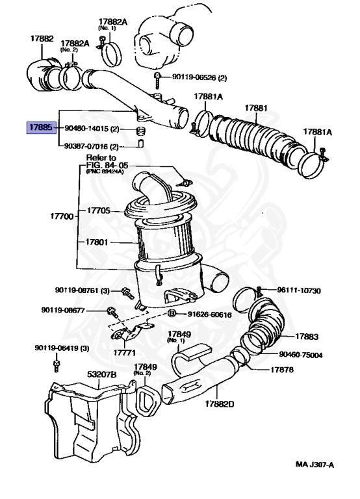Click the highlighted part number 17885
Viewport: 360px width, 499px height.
coord(41,127)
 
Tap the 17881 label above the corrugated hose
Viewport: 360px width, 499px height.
coord(256,109)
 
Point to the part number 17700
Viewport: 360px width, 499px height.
coord(62,216)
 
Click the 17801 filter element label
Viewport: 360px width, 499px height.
coord(97,242)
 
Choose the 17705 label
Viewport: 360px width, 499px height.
coord(99,211)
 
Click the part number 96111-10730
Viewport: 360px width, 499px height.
coord(299,290)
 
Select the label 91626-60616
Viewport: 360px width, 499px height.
coord(209,314)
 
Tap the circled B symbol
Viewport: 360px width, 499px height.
coord(172,313)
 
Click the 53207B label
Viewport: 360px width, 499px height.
coord(102,374)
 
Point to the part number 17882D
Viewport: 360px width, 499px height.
coord(220,404)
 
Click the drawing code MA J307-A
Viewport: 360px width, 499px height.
coord(315,465)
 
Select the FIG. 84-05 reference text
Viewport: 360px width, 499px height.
coord(107,165)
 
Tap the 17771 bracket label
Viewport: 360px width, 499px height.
coord(125,353)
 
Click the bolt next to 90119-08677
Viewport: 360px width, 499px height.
coord(112,312)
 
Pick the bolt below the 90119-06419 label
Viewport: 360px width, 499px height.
coord(57,366)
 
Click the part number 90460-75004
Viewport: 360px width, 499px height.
coord(301,355)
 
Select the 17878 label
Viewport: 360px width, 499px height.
coord(282,370)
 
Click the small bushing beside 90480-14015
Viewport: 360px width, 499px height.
coord(140,131)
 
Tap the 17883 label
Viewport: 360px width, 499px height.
coord(307,337)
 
